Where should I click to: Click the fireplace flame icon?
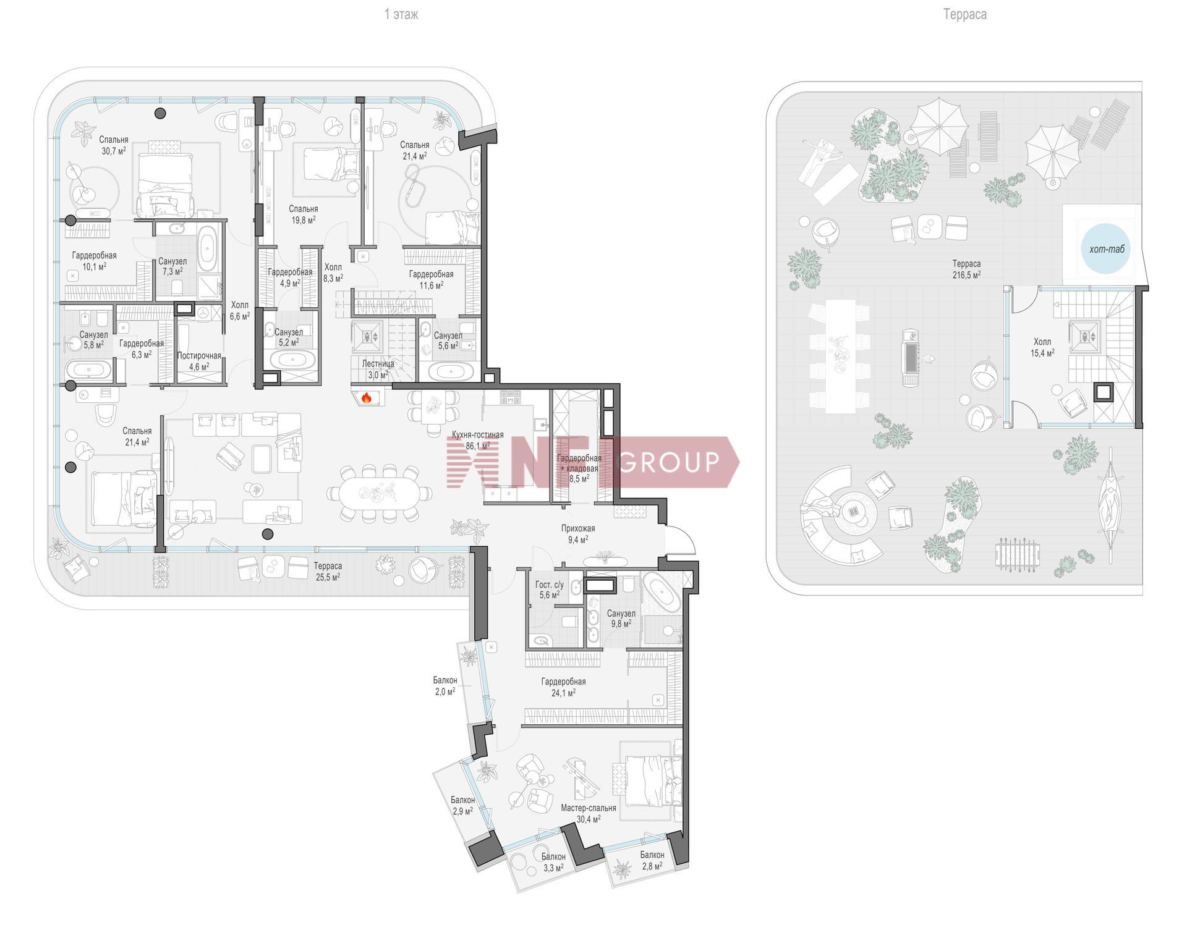pos(366,398)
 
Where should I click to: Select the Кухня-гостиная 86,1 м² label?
pos(477,440)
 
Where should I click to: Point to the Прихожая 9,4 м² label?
pos(578,534)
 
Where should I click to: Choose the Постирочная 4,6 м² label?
pos(199,361)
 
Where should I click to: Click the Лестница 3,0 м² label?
pos(378,370)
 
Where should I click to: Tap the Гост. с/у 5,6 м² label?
pos(550,589)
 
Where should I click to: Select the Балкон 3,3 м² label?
pos(553,862)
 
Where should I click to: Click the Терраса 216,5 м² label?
pos(966,269)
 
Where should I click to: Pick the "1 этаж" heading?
pos(401,14)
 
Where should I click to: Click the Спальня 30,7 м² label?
pos(114,145)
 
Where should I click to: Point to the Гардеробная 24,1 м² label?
pos(563,687)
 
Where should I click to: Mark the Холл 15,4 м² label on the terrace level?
pos(1042,347)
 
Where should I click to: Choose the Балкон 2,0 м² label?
pos(445,686)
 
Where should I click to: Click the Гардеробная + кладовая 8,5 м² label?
pos(579,468)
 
